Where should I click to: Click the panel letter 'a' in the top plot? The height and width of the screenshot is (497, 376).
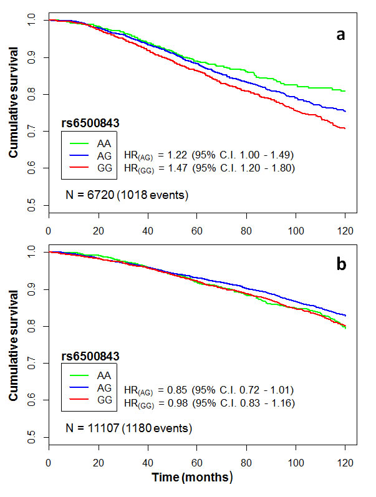point(340,35)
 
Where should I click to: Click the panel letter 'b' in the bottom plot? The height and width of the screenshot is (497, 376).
point(340,264)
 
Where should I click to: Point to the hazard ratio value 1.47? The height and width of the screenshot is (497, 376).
point(191,168)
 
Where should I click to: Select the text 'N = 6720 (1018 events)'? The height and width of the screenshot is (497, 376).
point(118,195)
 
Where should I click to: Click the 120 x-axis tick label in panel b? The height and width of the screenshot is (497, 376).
point(345,463)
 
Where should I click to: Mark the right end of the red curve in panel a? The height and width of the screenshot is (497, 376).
point(345,128)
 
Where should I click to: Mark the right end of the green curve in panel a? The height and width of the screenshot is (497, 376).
point(345,91)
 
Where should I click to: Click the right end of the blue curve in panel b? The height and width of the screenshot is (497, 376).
point(345,316)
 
